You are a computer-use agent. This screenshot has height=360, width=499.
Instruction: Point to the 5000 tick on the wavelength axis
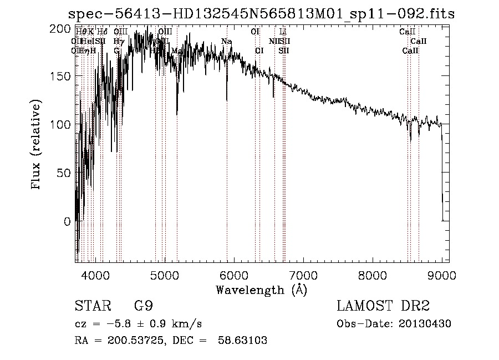tap(165, 274)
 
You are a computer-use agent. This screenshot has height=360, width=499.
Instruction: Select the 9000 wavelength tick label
tap(442, 274)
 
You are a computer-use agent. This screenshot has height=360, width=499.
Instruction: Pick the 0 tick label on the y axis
tap(67, 221)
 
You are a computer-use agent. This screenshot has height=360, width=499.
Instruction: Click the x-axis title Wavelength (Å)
tap(261, 290)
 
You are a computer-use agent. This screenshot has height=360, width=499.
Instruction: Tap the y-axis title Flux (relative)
tap(37, 145)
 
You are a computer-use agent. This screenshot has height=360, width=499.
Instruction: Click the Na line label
tap(226, 42)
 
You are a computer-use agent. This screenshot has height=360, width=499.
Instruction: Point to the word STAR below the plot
tap(90, 306)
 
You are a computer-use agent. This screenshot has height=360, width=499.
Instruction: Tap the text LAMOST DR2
tap(383, 306)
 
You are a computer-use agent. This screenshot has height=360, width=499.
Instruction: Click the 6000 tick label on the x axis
tap(234, 274)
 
